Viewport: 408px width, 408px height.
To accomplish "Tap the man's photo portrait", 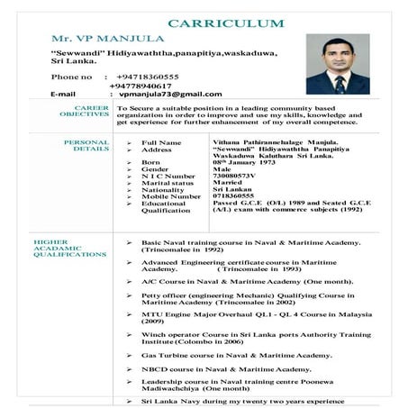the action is click(x=337, y=65).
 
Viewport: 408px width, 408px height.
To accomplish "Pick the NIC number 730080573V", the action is click(x=240, y=175).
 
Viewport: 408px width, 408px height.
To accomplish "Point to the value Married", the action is click(x=228, y=182).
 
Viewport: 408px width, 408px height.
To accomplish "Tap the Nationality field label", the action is click(x=165, y=189).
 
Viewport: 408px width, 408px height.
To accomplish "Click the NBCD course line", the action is click(x=225, y=369).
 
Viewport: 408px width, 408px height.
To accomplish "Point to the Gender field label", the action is click(x=155, y=168).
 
